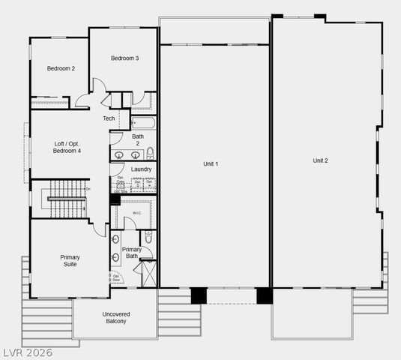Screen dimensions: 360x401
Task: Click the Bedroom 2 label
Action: [61, 68]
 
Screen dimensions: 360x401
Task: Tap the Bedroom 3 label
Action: [124, 58]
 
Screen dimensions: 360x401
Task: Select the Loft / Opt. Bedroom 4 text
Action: [67, 147]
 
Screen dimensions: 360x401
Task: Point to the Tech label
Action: [109, 118]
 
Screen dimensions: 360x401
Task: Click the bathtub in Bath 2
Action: [143, 122]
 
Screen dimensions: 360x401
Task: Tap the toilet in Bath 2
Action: [150, 153]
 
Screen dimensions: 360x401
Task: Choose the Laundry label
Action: [141, 169]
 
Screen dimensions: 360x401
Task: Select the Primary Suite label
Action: [70, 260]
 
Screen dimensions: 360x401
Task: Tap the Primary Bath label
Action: [131, 253]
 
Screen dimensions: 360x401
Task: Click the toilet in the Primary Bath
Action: [148, 238]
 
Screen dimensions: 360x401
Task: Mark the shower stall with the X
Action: [148, 274]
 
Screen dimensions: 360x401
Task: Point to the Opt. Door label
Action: [117, 278]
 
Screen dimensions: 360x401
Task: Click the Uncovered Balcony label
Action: [115, 317]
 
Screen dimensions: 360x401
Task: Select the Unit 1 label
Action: [211, 163]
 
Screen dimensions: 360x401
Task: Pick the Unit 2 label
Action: [320, 160]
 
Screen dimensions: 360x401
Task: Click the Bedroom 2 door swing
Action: [82, 102]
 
